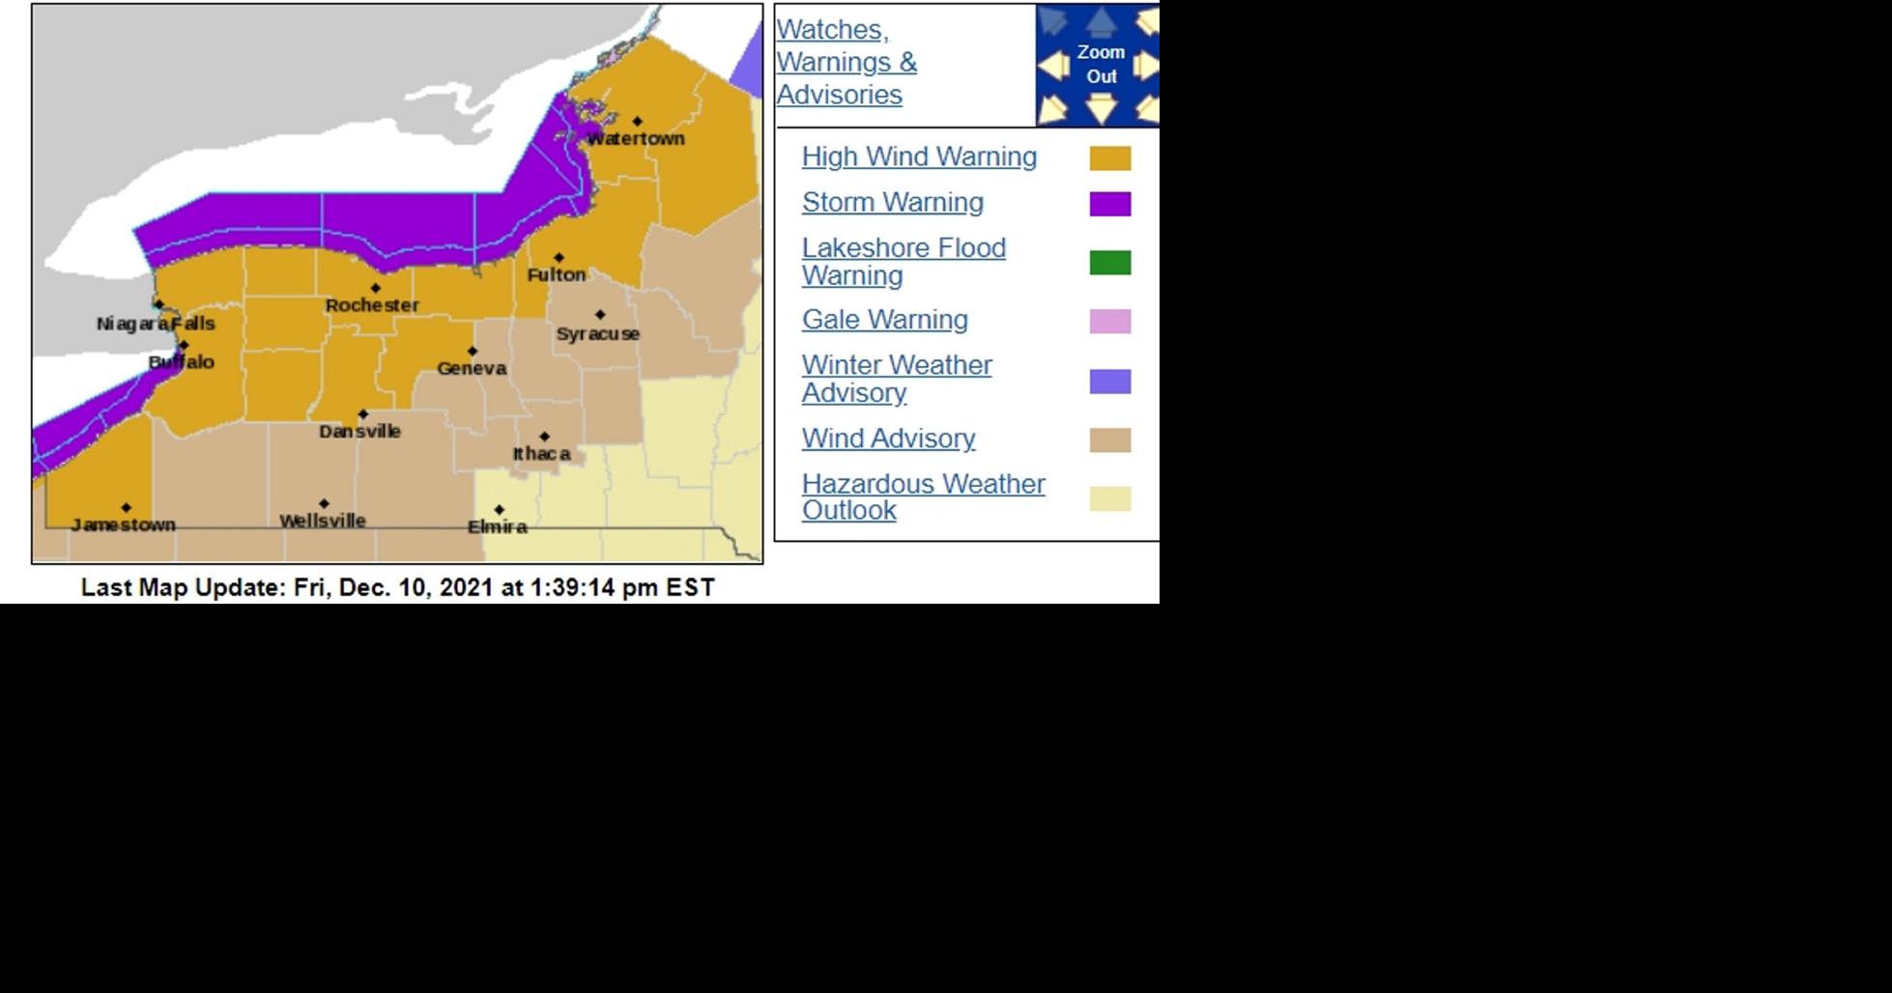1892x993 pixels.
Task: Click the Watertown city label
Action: tap(636, 139)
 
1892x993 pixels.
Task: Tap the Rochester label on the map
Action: tap(372, 305)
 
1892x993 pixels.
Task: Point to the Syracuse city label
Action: tap(597, 334)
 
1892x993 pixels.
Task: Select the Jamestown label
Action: tap(124, 525)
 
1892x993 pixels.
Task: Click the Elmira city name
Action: tap(498, 527)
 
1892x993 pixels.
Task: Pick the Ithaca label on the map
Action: tap(541, 454)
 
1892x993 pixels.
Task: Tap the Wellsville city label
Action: tap(323, 522)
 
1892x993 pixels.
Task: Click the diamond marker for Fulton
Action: tap(559, 258)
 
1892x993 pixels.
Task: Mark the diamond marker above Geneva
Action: tap(473, 352)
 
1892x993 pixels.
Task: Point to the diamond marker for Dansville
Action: tap(363, 414)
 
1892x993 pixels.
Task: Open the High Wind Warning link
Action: tap(919, 157)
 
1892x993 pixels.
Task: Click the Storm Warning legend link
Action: tap(893, 203)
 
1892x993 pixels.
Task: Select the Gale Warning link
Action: tap(885, 320)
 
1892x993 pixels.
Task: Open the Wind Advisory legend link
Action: tap(889, 439)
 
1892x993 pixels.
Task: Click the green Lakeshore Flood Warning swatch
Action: tap(1110, 263)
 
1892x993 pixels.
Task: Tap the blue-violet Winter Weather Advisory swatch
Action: tap(1110, 382)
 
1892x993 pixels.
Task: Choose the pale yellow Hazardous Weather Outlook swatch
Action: tap(1110, 498)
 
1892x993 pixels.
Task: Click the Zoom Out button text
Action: tap(1101, 65)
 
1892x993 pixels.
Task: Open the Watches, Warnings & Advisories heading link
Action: tap(846, 63)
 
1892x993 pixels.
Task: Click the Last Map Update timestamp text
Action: tap(397, 587)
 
